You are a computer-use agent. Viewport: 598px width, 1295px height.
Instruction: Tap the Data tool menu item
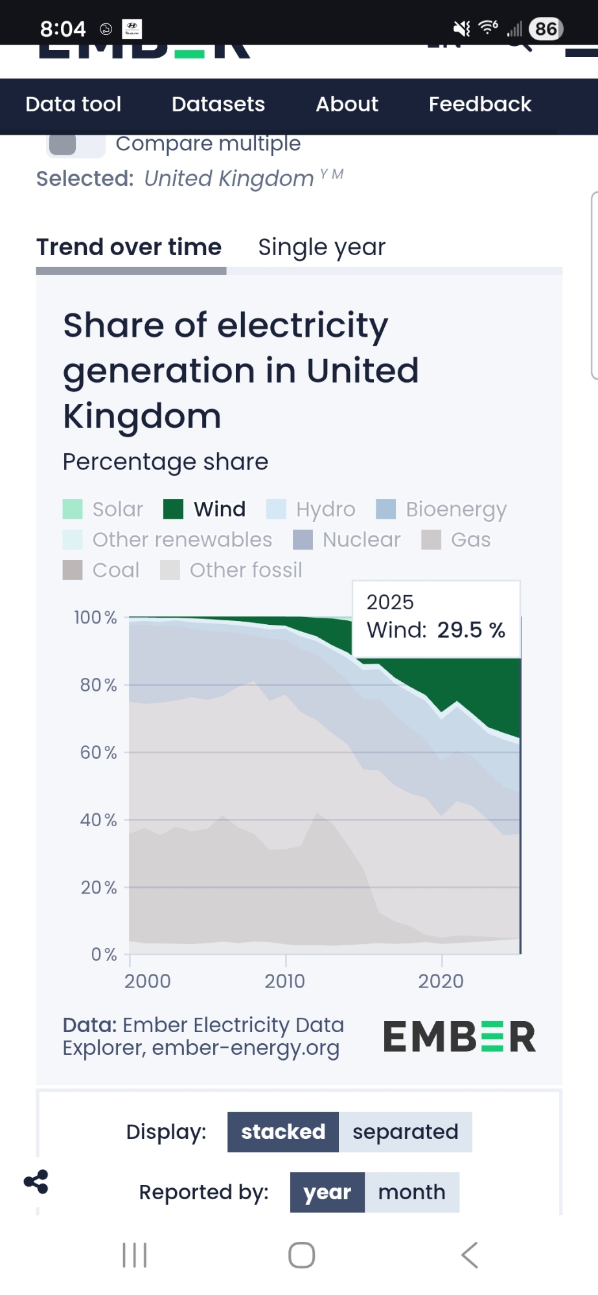[x=73, y=104]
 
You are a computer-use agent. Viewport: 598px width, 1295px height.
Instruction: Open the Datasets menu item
[x=218, y=104]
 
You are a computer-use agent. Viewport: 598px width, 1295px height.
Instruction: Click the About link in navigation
[x=347, y=104]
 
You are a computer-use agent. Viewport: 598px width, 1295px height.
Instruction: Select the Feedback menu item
[x=480, y=104]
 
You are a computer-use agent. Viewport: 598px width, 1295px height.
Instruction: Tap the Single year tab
[x=321, y=247]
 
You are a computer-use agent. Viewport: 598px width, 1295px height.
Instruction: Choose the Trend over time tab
[x=129, y=247]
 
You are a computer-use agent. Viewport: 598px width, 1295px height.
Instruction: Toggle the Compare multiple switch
[x=75, y=144]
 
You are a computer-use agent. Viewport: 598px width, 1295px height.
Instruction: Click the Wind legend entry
[x=205, y=510]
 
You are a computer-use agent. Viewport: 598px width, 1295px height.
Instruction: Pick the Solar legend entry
[x=104, y=510]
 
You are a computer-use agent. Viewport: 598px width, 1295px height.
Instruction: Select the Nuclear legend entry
[x=347, y=540]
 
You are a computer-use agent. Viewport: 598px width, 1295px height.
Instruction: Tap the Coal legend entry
[x=102, y=570]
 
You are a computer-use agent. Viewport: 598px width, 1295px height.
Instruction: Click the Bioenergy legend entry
[x=442, y=510]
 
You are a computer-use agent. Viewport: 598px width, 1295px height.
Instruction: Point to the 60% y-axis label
[x=98, y=752]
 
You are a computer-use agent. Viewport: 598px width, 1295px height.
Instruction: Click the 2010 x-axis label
[x=284, y=982]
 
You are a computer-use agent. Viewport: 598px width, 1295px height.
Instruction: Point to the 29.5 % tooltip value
[x=471, y=630]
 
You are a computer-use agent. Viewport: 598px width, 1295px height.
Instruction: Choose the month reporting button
[x=411, y=1192]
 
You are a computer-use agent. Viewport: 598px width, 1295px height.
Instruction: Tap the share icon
[x=36, y=1182]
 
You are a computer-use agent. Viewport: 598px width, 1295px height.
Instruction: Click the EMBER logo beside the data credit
[x=459, y=1037]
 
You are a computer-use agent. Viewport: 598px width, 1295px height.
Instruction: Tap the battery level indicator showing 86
[x=546, y=28]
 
